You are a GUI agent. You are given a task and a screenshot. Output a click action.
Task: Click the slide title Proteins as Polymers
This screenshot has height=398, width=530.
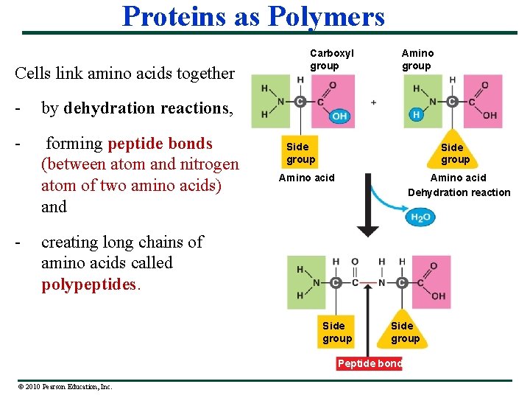pos(253,15)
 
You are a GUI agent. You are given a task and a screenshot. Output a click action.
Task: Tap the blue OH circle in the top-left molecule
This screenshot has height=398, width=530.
pos(339,116)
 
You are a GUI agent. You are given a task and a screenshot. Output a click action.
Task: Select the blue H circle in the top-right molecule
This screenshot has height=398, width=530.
pos(416,115)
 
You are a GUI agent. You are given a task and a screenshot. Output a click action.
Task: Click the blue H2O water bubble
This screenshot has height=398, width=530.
pos(420,217)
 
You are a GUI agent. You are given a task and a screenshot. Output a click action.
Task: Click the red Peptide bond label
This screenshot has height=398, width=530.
pos(370,363)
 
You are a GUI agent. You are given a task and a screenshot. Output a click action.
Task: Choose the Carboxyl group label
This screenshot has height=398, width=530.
pos(331,60)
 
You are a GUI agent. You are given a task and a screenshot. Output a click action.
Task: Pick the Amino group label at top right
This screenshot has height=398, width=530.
pos(417,60)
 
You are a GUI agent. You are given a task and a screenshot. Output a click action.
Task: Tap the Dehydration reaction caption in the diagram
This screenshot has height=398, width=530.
pos(459,192)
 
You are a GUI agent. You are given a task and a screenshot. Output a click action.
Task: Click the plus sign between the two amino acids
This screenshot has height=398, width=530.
pos(374,102)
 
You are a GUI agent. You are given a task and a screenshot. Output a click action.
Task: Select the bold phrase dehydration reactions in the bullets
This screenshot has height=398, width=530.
pos(146,108)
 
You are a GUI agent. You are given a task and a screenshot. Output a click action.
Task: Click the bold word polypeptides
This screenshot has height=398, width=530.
pos(90,284)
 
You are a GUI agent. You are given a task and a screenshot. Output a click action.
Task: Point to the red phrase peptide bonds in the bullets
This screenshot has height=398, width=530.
pos(160,144)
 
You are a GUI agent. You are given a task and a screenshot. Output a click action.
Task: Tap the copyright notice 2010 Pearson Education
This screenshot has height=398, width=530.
pos(63,386)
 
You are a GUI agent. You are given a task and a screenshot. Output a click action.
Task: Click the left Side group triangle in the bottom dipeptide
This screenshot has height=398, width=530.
pos(337,330)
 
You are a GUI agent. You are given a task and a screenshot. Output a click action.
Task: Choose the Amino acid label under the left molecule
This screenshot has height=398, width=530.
pos(306,178)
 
